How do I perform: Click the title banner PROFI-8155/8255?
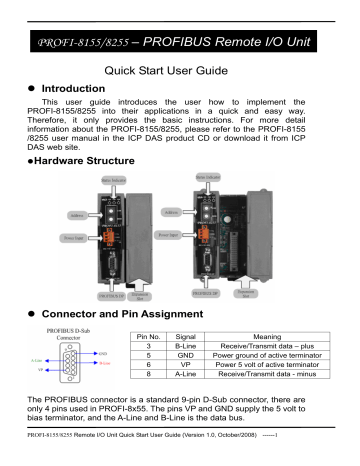click(180, 42)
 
